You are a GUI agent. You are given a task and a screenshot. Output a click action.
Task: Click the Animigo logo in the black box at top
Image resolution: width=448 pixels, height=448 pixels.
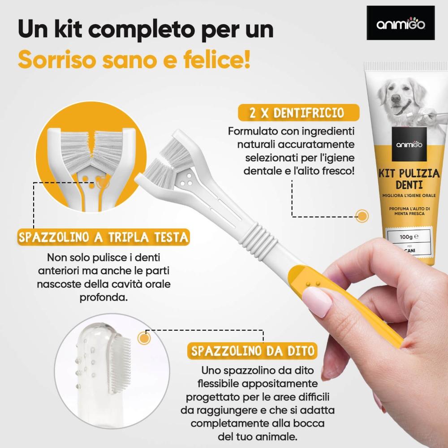pyautogui.click(x=401, y=23)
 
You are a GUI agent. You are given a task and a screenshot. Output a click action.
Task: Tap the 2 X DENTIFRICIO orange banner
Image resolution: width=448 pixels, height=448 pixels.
pyautogui.click(x=298, y=112)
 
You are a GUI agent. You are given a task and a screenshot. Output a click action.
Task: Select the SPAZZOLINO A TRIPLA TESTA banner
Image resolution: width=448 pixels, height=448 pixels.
pyautogui.click(x=103, y=237)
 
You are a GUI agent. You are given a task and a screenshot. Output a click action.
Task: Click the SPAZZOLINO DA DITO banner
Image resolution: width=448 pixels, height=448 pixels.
pyautogui.click(x=253, y=351)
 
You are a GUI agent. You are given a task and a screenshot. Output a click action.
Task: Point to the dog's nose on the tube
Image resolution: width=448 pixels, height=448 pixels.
pyautogui.click(x=396, y=99)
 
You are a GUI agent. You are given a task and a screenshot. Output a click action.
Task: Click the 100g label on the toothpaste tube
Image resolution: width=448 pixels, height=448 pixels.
pyautogui.click(x=409, y=237)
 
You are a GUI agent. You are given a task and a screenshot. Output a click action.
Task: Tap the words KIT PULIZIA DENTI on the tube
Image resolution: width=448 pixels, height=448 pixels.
pyautogui.click(x=409, y=179)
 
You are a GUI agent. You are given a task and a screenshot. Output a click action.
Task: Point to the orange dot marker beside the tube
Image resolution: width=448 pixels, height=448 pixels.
pyautogui.click(x=362, y=216)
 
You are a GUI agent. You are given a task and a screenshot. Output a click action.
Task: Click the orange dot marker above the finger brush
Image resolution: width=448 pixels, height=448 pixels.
pyautogui.click(x=144, y=338)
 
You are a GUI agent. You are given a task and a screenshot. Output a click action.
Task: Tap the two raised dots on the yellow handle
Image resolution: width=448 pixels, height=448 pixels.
pyautogui.click(x=313, y=284)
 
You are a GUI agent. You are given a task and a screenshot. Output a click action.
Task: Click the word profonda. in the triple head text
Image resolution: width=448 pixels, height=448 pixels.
pyautogui.click(x=103, y=297)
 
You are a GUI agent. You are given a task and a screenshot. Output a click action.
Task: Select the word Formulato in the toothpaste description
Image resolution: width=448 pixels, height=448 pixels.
pyautogui.click(x=253, y=131)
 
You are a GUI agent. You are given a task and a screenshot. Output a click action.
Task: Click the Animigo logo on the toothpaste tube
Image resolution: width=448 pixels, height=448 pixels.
pyautogui.click(x=409, y=144)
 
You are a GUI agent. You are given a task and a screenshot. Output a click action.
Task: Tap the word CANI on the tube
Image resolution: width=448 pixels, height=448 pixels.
pyautogui.click(x=410, y=250)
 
